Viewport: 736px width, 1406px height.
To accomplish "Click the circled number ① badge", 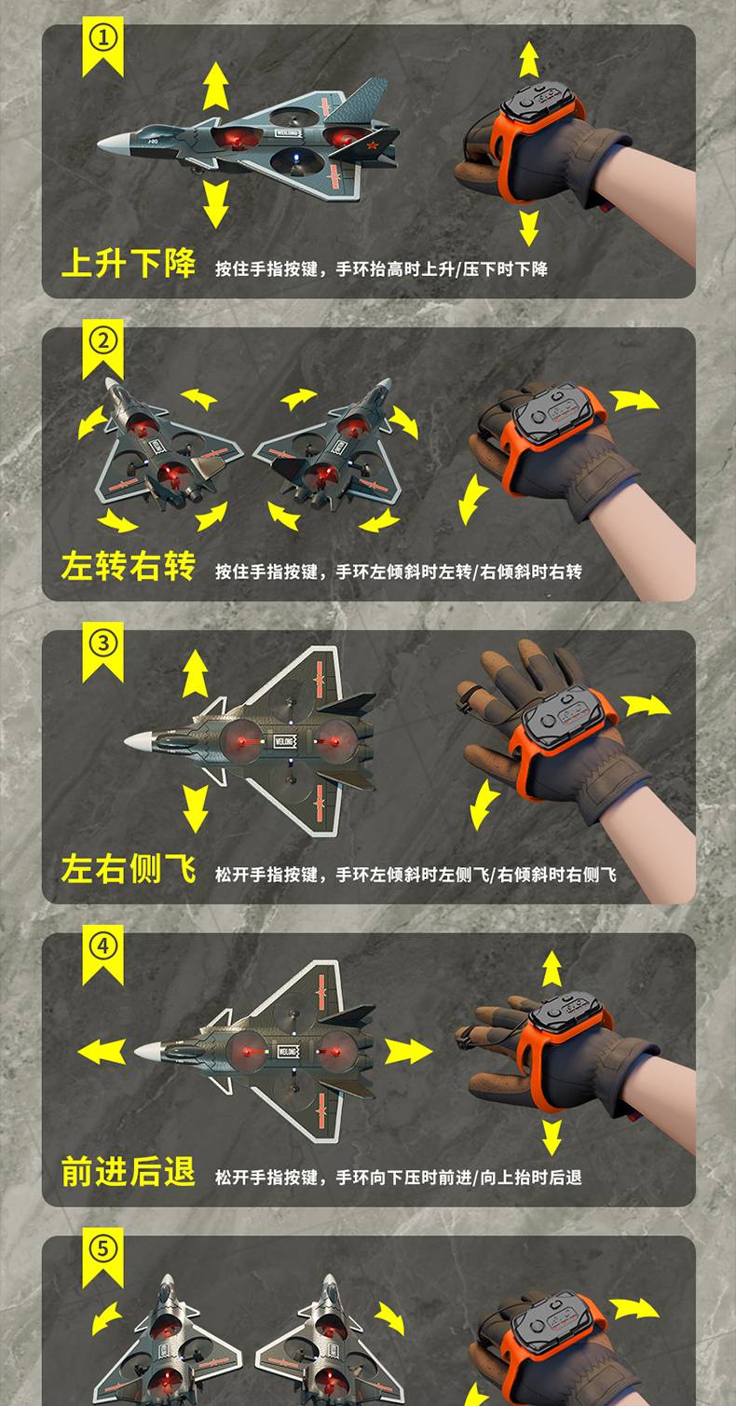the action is [x=103, y=38].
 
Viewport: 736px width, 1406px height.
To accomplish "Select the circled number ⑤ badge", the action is [x=103, y=1249].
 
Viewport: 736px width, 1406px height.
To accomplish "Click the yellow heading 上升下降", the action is [x=129, y=263].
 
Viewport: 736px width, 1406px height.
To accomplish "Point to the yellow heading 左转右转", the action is [x=129, y=566].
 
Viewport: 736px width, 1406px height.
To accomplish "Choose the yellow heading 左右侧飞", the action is [x=129, y=869].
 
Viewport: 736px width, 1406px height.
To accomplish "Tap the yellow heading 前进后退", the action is [x=129, y=1171].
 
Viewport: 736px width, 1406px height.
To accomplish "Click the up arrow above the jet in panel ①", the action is [x=216, y=86].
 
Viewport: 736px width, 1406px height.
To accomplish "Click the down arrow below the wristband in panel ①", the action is [x=529, y=227].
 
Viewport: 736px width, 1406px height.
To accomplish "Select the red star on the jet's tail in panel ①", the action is [x=372, y=148].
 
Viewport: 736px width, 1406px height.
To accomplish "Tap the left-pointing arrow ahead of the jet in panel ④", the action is [x=102, y=1052].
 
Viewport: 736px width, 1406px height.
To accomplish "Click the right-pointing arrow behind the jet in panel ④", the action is [x=408, y=1052].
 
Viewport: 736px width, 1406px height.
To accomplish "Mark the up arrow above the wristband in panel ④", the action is [x=552, y=969].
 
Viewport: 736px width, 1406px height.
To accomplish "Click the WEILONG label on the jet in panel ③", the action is [x=285, y=741].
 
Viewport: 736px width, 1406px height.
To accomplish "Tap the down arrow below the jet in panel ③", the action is [x=196, y=808].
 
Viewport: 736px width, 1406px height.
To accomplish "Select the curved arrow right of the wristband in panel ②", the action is [x=634, y=400].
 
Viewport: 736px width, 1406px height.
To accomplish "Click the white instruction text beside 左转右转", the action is [x=399, y=572].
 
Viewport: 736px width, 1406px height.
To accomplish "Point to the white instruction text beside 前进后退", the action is [x=399, y=1177].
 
